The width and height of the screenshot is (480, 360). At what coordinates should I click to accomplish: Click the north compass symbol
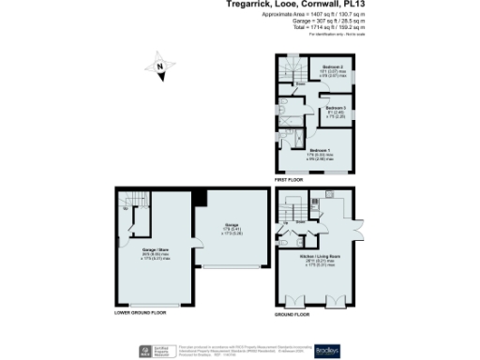click(x=160, y=67)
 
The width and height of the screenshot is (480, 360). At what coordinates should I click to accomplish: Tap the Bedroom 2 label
click(x=332, y=67)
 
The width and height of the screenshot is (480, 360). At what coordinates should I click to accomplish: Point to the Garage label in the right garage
click(x=230, y=226)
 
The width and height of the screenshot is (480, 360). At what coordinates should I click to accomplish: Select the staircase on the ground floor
click(x=288, y=208)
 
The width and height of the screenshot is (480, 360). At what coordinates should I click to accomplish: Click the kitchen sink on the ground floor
click(x=330, y=194)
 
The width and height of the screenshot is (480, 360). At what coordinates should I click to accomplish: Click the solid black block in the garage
click(x=198, y=196)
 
